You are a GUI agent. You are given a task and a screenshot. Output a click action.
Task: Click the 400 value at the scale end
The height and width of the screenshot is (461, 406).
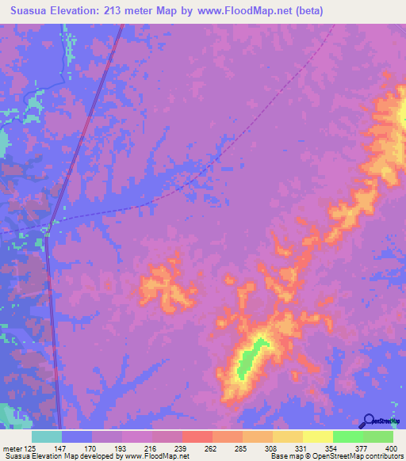(x=393, y=448)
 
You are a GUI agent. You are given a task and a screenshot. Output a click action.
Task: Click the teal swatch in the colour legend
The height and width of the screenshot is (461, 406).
(x=47, y=436)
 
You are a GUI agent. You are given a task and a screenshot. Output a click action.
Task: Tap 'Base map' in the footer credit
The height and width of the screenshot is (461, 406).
(x=284, y=456)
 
